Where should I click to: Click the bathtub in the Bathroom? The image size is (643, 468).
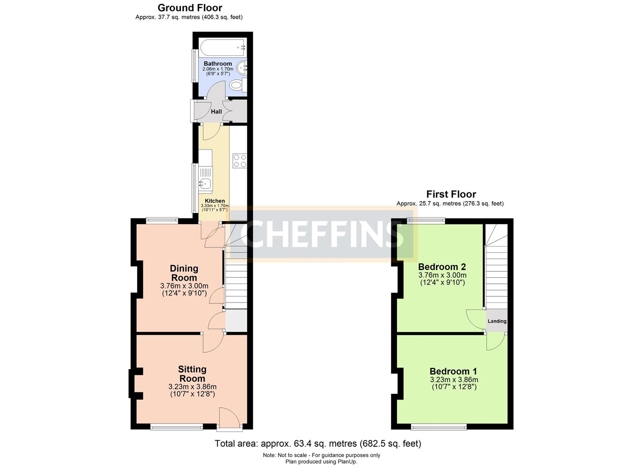(223, 47)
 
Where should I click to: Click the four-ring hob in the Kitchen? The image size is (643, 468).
(240, 161)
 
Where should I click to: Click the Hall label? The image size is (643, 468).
(216, 111)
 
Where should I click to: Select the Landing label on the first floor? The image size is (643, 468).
(497, 321)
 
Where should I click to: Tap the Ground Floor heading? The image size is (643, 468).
(190, 8)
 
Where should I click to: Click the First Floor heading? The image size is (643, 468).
(451, 194)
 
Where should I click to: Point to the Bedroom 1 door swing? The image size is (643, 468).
(496, 342)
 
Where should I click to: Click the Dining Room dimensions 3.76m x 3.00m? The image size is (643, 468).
(184, 286)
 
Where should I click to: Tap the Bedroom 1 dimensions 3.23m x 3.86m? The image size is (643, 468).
(454, 380)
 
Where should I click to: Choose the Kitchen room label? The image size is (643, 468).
(215, 201)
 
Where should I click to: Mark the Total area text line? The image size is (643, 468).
(318, 444)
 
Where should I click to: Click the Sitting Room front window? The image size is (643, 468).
(177, 428)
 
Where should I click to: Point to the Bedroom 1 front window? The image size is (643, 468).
(439, 428)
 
